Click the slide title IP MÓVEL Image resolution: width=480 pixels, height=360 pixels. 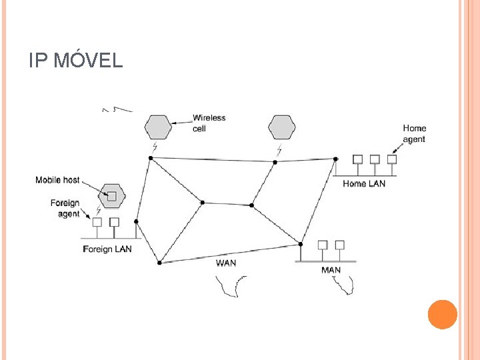76,61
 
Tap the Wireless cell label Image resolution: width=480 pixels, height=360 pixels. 209,123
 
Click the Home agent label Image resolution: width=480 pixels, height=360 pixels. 414,133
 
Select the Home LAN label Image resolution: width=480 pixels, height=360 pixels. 363,183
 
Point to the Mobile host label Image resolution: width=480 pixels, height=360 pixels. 57,180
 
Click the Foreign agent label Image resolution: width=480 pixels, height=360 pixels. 65,208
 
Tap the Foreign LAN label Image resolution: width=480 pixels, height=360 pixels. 107,249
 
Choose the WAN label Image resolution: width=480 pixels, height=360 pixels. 225,263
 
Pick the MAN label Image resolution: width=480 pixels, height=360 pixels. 331,270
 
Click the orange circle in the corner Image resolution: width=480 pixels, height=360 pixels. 442,314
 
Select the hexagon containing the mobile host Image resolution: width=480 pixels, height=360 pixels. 111,195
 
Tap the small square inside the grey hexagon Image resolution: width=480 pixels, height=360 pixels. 111,195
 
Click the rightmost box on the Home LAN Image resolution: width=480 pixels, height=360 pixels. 392,159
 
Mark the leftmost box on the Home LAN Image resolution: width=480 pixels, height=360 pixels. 357,159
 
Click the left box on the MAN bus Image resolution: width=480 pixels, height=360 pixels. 323,245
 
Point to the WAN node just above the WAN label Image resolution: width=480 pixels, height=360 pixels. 159,263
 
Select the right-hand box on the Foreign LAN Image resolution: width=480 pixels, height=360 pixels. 115,221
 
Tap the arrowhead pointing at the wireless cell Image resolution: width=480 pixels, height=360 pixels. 173,123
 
